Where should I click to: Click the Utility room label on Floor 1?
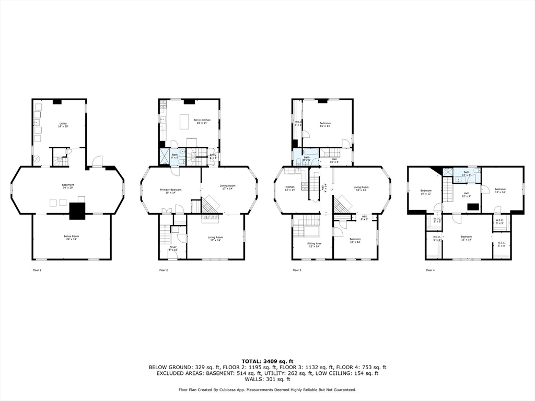[63, 125]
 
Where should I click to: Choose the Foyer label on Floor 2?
[173, 248]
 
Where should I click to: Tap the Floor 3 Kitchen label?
[290, 188]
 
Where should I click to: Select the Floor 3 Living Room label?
[361, 188]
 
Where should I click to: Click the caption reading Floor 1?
[37, 270]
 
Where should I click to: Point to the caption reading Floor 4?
[430, 270]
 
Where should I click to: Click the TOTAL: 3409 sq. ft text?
[267, 361]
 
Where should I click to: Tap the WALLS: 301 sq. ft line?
[267, 379]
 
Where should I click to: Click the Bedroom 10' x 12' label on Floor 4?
[426, 192]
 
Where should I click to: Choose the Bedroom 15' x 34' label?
[466, 238]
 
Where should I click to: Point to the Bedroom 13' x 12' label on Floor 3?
[355, 240]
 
